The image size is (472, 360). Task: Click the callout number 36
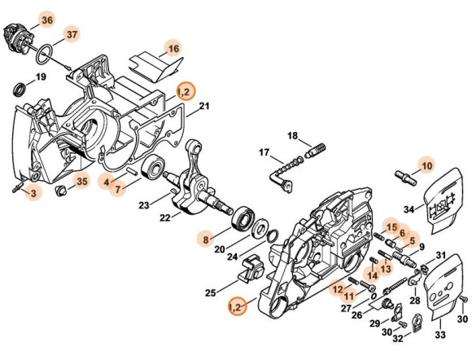(x=47, y=20)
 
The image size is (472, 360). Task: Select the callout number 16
(x=173, y=49)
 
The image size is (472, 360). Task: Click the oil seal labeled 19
(x=20, y=90)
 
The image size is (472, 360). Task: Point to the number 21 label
(x=204, y=106)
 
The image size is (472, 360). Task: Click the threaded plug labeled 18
(x=316, y=150)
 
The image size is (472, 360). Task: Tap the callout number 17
(x=264, y=152)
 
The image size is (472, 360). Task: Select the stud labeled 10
(x=405, y=178)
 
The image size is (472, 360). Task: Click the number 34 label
(x=409, y=209)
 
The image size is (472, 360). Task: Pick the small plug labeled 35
(x=61, y=191)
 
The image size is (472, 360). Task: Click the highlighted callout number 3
(x=33, y=193)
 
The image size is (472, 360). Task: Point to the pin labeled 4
(x=132, y=171)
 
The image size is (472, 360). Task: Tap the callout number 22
(x=165, y=217)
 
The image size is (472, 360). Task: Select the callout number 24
(x=233, y=257)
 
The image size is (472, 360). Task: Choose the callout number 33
(x=439, y=335)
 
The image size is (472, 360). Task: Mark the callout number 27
(x=347, y=308)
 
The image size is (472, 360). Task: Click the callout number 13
(x=386, y=268)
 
